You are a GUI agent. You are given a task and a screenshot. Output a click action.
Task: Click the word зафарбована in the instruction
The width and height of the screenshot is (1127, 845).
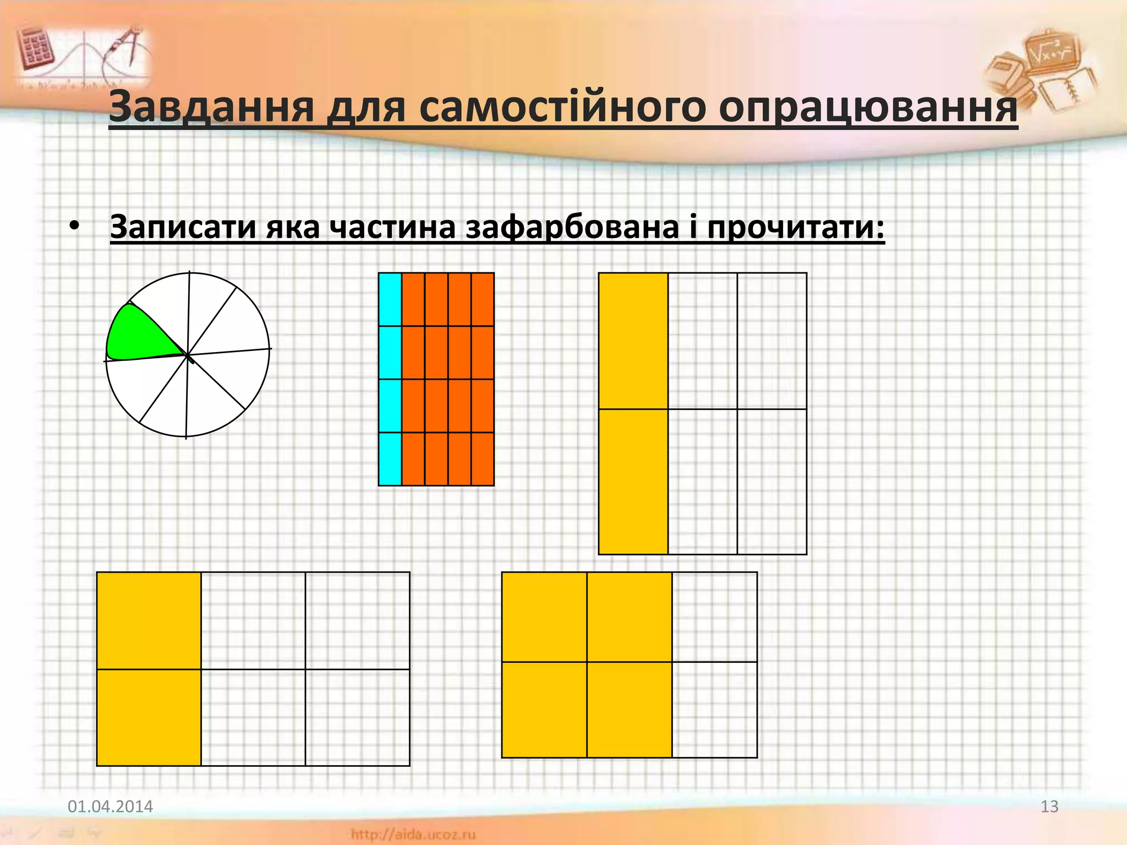(572, 226)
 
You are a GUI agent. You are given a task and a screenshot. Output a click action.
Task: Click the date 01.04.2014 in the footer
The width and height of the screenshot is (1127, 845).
(110, 806)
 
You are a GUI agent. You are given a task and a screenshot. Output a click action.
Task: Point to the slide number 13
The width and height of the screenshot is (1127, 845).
(1049, 806)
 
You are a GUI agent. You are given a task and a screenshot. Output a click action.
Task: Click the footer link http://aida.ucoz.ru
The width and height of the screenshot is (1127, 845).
(413, 835)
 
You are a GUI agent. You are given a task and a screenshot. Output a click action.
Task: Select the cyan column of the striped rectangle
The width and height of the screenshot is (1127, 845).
(390, 379)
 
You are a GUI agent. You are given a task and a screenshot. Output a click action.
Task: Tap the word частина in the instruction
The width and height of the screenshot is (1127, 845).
(392, 226)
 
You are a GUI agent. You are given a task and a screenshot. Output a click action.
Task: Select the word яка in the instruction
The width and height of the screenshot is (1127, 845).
(292, 226)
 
